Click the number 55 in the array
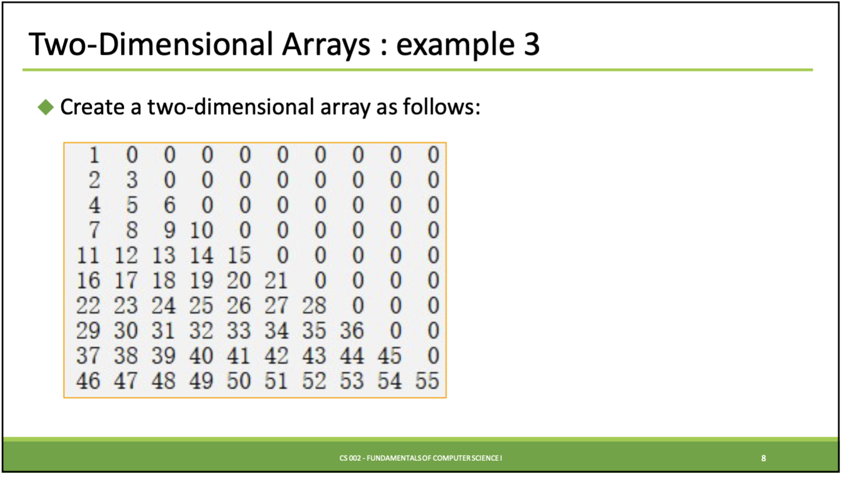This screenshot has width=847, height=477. (427, 380)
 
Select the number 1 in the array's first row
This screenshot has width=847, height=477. (94, 155)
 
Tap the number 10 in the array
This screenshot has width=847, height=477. (201, 230)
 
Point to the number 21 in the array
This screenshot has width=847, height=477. (276, 280)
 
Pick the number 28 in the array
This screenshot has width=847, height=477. (314, 305)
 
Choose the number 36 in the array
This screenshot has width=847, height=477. (351, 330)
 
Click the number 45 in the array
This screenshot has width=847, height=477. (390, 355)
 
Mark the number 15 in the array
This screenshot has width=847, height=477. (239, 255)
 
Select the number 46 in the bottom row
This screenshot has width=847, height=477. (88, 380)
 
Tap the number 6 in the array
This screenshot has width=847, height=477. (169, 205)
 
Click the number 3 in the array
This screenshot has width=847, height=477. (131, 180)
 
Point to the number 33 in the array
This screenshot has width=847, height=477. (239, 330)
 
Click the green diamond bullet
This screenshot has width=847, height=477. (46, 108)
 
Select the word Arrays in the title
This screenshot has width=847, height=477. (326, 45)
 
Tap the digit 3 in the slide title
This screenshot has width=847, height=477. (532, 44)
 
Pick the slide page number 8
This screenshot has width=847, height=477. (763, 458)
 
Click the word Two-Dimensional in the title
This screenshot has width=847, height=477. (151, 44)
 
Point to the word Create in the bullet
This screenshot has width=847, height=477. (92, 107)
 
